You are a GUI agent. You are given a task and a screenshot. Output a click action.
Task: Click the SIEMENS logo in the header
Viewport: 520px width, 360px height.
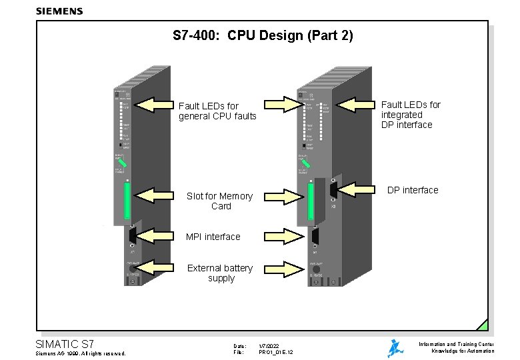59,11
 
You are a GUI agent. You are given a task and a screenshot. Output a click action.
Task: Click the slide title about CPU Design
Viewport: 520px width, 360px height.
262,35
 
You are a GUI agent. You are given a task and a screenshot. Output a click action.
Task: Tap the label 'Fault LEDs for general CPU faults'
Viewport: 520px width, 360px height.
217,111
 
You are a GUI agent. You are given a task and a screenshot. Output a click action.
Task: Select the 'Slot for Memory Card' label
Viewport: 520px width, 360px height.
219,201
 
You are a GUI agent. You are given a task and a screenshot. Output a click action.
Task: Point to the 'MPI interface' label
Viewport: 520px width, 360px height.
213,237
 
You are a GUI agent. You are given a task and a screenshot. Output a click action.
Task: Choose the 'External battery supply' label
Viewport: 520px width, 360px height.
220,273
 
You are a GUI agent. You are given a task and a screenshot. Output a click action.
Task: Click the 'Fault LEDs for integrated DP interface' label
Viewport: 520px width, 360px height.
411,115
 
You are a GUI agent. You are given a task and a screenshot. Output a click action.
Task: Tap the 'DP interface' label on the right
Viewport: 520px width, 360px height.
413,190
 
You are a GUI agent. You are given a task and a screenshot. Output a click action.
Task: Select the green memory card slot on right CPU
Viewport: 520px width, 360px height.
310,201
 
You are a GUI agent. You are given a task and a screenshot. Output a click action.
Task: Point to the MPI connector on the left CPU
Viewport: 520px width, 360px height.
132,235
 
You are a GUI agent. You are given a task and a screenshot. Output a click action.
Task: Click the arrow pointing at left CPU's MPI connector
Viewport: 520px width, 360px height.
153,235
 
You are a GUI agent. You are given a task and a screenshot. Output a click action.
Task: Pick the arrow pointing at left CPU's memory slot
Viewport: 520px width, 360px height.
153,195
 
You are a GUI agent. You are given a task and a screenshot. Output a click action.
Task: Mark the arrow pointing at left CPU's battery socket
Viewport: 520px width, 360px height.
153,267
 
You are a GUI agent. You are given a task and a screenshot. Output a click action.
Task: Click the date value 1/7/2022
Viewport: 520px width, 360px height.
269,345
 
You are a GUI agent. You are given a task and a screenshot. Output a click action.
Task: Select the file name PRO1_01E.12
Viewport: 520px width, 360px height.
276,352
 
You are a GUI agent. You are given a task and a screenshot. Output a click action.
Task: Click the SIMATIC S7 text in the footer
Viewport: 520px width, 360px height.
64,344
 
